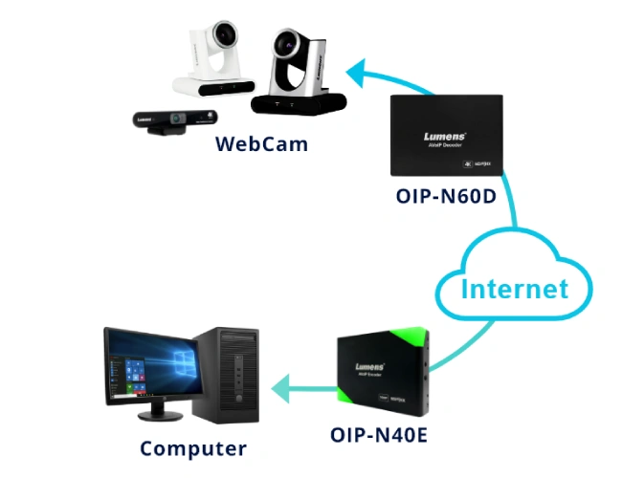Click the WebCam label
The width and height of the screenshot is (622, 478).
pos(262,144)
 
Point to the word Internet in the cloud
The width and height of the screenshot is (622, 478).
pos(514,288)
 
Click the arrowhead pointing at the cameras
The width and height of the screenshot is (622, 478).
pos(357,69)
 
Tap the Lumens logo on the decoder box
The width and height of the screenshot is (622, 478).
pos(444,137)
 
